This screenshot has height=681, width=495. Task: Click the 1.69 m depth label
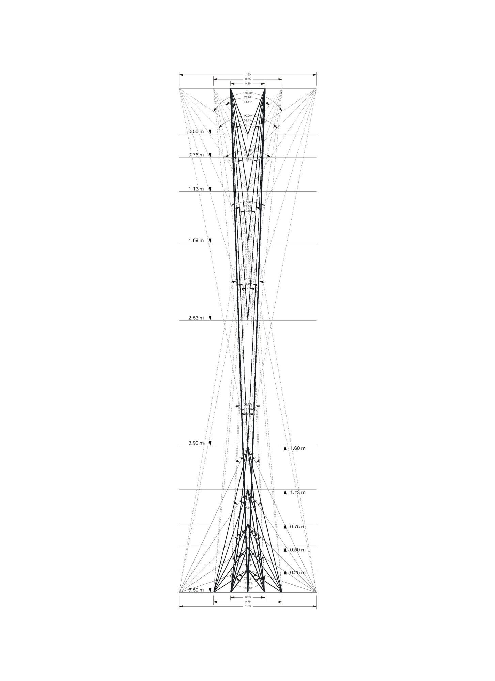196,241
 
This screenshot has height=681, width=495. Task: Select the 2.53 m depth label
196,318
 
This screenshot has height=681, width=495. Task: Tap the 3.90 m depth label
196,443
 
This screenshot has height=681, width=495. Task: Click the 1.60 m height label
298,448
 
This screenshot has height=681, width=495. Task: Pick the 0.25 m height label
298,573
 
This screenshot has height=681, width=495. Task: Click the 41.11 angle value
248,102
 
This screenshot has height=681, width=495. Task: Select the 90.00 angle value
248,116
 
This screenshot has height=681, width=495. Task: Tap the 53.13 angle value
248,120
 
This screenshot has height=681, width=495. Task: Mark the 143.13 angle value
248,588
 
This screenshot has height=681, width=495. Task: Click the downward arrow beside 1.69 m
210,241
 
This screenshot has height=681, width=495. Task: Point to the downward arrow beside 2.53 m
210,318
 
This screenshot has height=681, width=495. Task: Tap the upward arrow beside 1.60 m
285,448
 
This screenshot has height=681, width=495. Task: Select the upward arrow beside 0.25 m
285,572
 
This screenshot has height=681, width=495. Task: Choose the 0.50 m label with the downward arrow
196,131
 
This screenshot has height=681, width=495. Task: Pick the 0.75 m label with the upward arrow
298,527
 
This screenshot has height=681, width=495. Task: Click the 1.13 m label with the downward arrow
196,189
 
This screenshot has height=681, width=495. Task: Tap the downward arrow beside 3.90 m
210,443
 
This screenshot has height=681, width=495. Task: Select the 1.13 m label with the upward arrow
298,492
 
